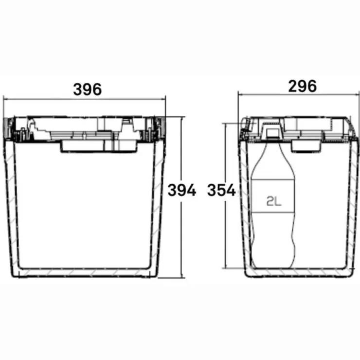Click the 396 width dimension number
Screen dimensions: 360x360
(x=87, y=90)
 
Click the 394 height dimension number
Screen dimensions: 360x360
(x=182, y=190)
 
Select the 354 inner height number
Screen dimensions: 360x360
(x=221, y=190)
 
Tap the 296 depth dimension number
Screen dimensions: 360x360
(x=302, y=86)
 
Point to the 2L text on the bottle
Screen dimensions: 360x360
(x=274, y=201)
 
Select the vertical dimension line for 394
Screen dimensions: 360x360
(x=182, y=197)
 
